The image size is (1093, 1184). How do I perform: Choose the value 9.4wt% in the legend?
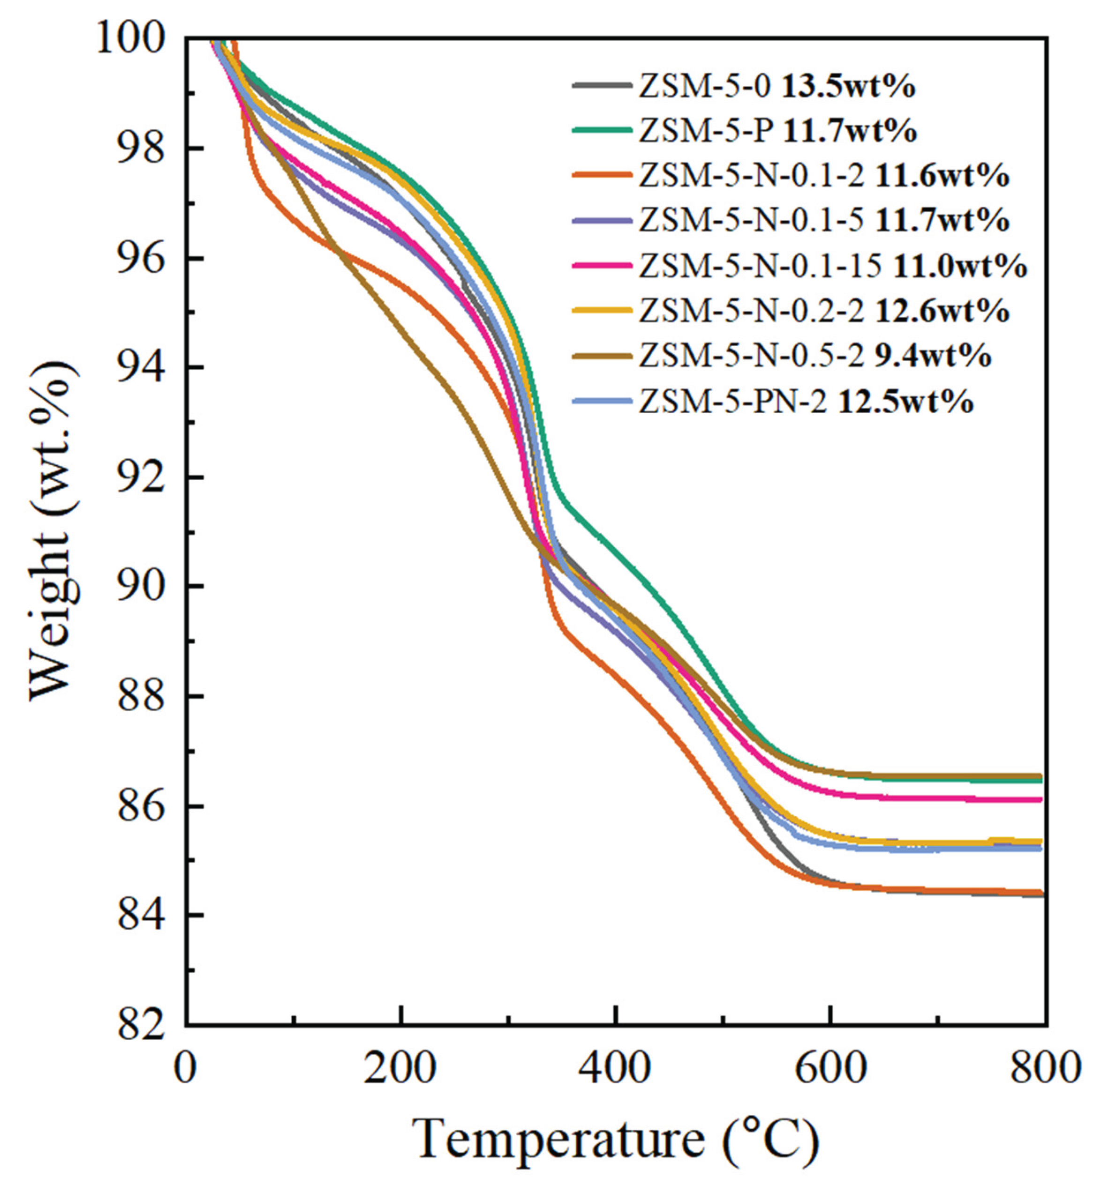[933, 356]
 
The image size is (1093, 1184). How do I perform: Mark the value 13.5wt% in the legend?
[849, 87]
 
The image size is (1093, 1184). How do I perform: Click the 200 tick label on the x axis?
[401, 1069]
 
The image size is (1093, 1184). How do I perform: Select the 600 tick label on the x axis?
[830, 1069]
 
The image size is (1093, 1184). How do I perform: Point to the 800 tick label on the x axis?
[1044, 1069]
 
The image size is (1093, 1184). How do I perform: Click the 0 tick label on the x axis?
[186, 1069]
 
